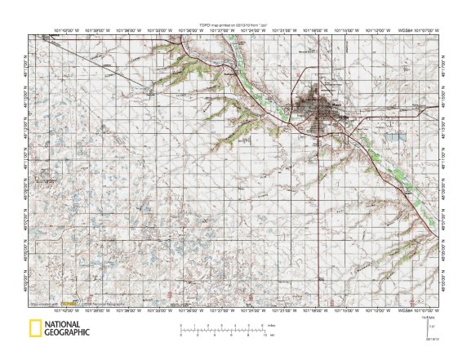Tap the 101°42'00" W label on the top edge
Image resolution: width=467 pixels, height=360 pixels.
[66, 32]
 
